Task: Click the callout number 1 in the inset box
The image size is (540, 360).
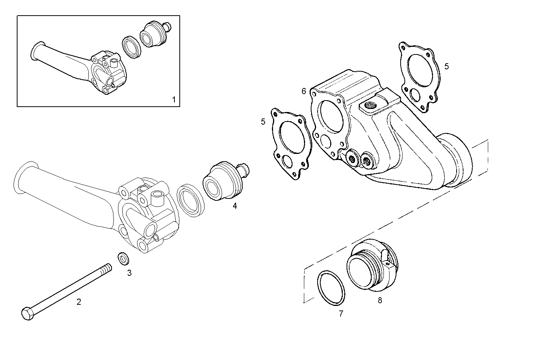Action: pos(174,100)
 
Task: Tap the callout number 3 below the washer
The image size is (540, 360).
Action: pos(129,273)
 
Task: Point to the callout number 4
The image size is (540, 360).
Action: pos(235,206)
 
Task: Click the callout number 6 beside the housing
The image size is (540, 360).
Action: pos(304,91)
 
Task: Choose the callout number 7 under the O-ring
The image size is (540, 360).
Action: pos(341,314)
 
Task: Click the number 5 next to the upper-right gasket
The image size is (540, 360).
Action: pos(446,66)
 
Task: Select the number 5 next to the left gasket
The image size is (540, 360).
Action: pos(263,122)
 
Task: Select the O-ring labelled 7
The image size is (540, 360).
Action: pos(331,288)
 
